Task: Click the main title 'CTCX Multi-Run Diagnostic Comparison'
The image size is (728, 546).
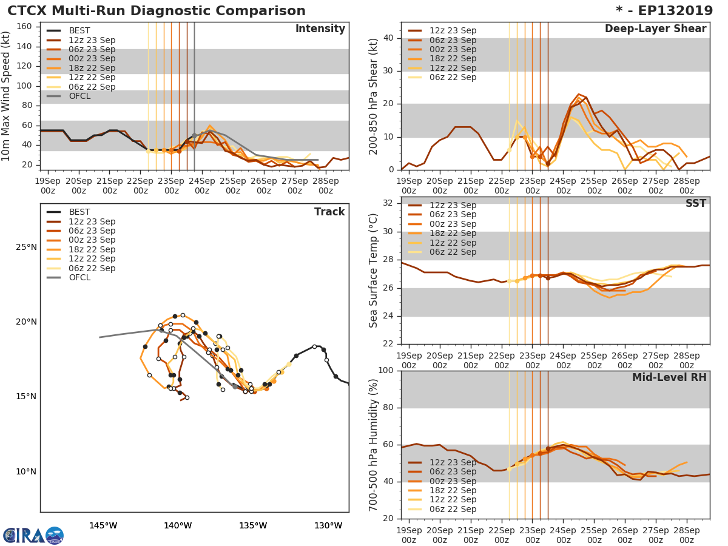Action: point(157,11)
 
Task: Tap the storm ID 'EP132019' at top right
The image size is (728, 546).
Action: point(670,11)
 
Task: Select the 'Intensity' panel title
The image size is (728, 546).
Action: point(320,29)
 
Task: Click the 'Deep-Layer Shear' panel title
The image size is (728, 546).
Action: point(655,29)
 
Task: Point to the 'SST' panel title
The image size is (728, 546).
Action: point(696,204)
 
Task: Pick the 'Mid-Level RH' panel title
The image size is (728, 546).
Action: point(669,378)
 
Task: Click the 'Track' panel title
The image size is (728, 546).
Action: point(329,212)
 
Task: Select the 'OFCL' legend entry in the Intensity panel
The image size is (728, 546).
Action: point(79,96)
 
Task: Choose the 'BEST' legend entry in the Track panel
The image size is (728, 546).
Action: point(79,212)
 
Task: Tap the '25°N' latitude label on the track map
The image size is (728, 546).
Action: point(26,248)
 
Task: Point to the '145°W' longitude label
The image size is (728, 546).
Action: point(103,525)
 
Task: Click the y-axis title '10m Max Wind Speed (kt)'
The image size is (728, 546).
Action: point(7,96)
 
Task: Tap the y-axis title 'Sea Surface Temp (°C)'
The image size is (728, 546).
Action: point(374,271)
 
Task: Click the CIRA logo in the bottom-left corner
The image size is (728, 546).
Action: point(33,535)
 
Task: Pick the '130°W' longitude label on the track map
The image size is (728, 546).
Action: point(328,525)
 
